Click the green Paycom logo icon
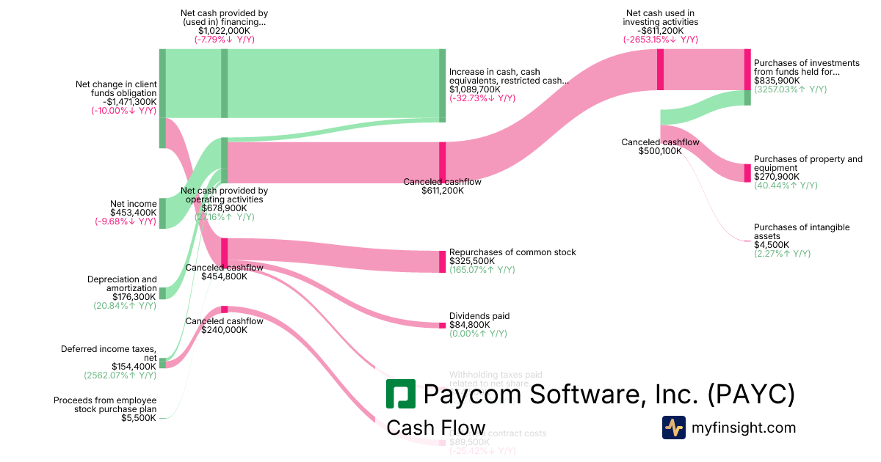401,395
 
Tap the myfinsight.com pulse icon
674,428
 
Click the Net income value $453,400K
134,213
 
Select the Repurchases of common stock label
512,252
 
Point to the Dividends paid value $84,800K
470,325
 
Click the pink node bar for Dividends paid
443,324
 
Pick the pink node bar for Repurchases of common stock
443,262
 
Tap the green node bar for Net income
162,213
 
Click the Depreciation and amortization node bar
162,293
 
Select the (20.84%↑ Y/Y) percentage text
125,306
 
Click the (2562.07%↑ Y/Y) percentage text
120,375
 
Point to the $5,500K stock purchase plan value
139,418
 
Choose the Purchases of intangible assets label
802,232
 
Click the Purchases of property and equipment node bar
747,173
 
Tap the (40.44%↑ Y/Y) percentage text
786,186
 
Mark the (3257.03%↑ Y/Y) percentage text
790,89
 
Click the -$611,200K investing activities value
661,31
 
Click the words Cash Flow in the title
435,428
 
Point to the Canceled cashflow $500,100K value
660,151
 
